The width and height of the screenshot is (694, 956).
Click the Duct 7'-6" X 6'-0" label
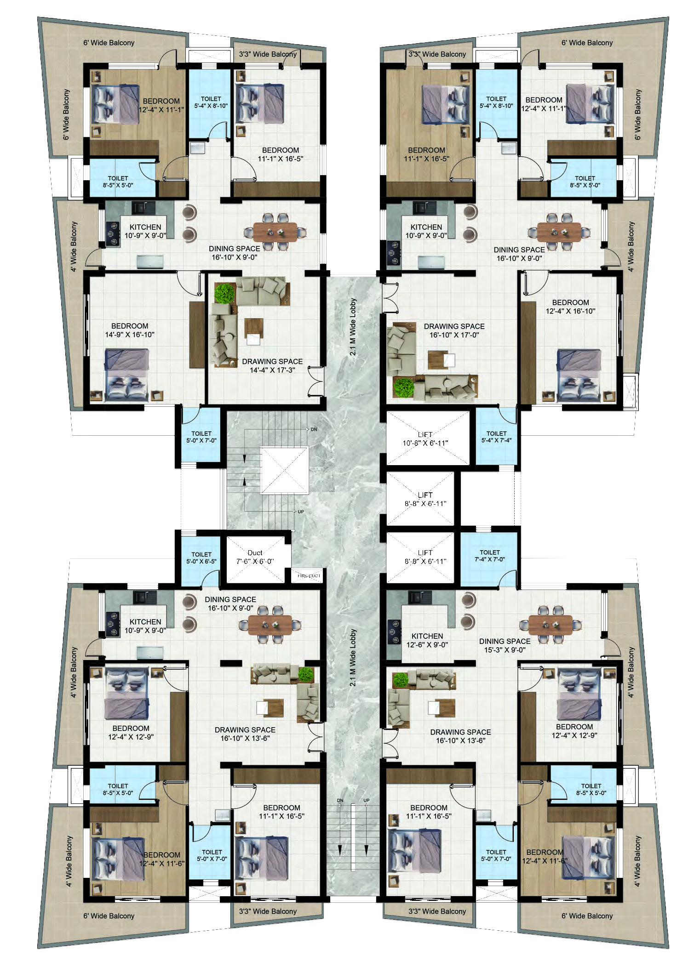tap(255, 557)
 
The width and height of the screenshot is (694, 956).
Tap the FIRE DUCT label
tap(309, 575)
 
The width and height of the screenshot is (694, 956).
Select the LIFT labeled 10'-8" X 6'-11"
tap(425, 439)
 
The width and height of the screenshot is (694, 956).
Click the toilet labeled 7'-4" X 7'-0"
tap(490, 556)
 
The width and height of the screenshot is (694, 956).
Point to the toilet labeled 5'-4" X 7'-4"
tap(496, 437)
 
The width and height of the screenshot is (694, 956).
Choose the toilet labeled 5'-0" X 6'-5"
tap(201, 558)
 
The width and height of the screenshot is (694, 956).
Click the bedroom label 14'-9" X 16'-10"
tap(130, 330)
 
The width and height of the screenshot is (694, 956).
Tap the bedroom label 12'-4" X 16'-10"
tap(571, 307)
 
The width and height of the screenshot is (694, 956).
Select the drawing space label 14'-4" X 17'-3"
tap(272, 365)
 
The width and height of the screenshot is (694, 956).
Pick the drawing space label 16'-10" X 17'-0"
tap(454, 330)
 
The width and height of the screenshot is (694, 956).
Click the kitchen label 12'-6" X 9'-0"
tap(427, 640)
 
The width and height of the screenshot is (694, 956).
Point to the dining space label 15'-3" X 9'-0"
tap(505, 645)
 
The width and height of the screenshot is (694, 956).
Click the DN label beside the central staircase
tap(314, 429)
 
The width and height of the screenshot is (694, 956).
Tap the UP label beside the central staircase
tap(301, 512)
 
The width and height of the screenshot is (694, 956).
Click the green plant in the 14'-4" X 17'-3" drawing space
tap(224, 294)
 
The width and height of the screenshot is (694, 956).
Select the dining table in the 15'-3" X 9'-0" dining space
tap(551, 625)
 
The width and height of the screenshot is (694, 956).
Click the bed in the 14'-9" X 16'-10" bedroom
tap(127, 375)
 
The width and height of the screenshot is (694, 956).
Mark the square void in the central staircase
tap(284, 470)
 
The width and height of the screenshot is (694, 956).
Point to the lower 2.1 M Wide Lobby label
tap(353, 658)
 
